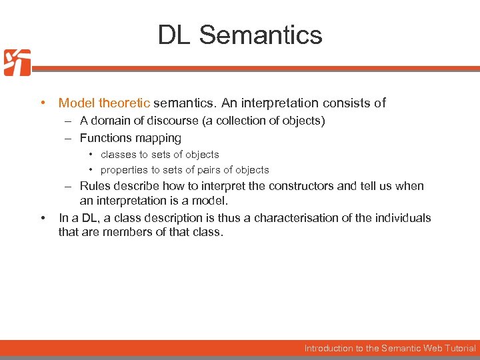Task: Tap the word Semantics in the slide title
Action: [261, 35]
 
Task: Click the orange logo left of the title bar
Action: [17, 63]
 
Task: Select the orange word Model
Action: [77, 103]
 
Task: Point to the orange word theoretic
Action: [124, 103]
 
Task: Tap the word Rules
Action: [95, 186]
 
